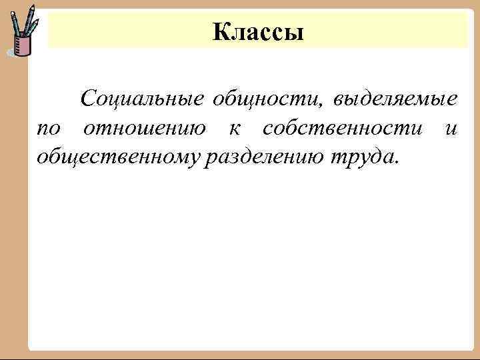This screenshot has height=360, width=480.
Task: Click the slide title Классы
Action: click(x=258, y=31)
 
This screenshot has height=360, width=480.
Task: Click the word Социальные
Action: click(x=141, y=99)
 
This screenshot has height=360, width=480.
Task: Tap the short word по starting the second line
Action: click(x=48, y=129)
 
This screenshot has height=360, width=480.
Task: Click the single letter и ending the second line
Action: click(x=451, y=129)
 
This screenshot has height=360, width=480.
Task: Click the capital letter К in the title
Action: click(x=221, y=31)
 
